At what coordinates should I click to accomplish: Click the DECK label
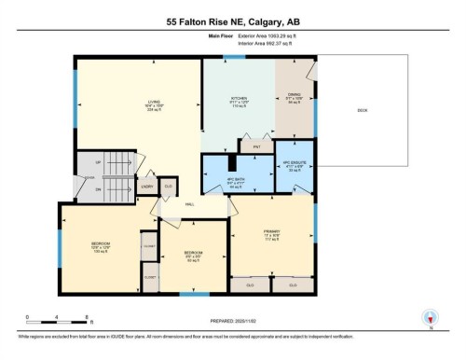click(x=362, y=111)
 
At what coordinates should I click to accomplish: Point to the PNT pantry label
click(x=255, y=146)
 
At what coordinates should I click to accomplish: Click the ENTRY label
click(x=147, y=187)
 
